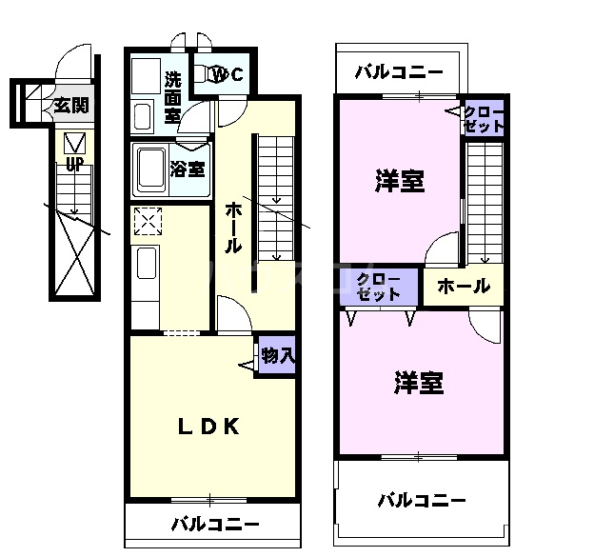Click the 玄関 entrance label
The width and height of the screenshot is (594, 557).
click(x=70, y=104)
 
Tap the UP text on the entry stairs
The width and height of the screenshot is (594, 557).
click(x=73, y=164)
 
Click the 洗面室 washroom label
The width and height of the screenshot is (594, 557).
click(x=172, y=96)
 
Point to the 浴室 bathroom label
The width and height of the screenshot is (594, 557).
click(x=188, y=169)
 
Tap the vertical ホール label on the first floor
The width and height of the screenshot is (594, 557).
click(x=231, y=229)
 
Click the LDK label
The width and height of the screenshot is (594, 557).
click(x=208, y=426)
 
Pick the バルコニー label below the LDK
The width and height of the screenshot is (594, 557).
click(x=215, y=524)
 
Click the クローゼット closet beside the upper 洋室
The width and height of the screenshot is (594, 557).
click(x=484, y=119)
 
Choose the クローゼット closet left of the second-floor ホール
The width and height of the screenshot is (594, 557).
click(x=379, y=287)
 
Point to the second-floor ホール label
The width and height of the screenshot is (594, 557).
click(x=464, y=286)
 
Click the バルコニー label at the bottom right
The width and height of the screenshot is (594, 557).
click(x=421, y=500)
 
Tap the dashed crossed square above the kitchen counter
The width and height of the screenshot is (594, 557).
click(x=148, y=222)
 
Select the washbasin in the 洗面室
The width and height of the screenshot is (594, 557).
click(x=143, y=116)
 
